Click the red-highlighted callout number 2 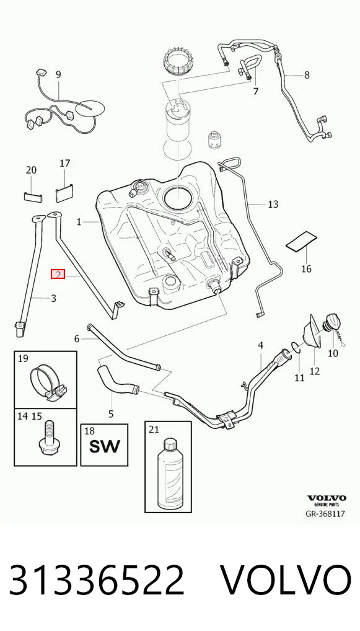pyautogui.click(x=58, y=275)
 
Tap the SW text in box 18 pyautogui.click(x=104, y=446)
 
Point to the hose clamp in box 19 pyautogui.click(x=48, y=382)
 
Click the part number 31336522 pyautogui.click(x=96, y=580)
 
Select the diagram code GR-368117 pyautogui.click(x=325, y=513)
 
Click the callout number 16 pyautogui.click(x=306, y=268)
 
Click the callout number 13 pyautogui.click(x=273, y=205)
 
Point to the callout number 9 pyautogui.click(x=58, y=74)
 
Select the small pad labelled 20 pyautogui.click(x=33, y=196)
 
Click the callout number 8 pyautogui.click(x=307, y=75)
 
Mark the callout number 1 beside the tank pyautogui.click(x=79, y=222)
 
